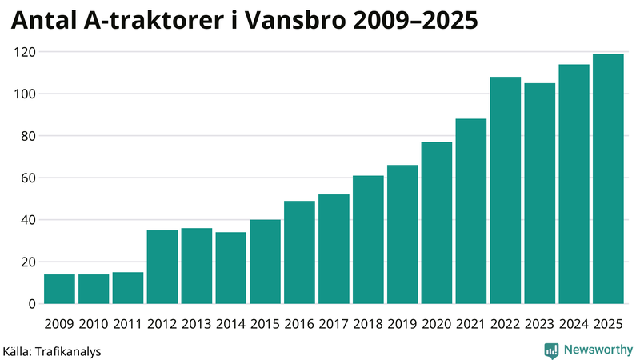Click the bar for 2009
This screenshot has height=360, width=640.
tap(59, 289)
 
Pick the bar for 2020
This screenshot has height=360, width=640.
tap(437, 223)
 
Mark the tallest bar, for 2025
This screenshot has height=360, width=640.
tap(608, 179)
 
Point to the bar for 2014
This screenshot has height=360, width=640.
tap(231, 268)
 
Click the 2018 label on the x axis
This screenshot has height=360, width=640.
tap(368, 323)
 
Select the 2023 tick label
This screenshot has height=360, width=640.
tap(539, 323)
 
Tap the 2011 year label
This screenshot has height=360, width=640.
tap(128, 323)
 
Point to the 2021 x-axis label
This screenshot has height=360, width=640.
tap(471, 323)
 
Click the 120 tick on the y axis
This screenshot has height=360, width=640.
tap(24, 52)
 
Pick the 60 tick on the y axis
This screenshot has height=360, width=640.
tap(27, 178)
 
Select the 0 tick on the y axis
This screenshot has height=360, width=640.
tap(31, 304)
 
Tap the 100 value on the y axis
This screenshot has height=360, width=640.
tap(24, 94)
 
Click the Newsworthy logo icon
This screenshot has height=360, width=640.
tap(551, 350)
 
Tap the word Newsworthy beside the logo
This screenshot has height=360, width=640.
tap(597, 350)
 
